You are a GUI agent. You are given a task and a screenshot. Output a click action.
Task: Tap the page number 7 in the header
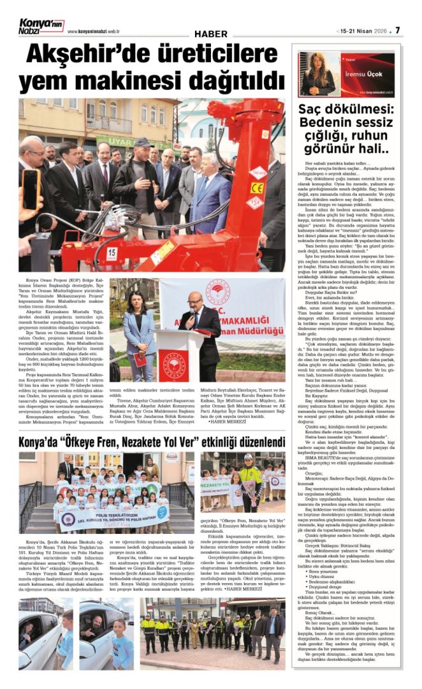coord(398,30)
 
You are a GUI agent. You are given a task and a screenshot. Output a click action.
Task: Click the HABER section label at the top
coord(211,34)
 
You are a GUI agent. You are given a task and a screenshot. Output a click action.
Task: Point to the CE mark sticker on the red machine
coord(256,188)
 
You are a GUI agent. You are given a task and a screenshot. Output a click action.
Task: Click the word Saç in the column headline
coord(312,108)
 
